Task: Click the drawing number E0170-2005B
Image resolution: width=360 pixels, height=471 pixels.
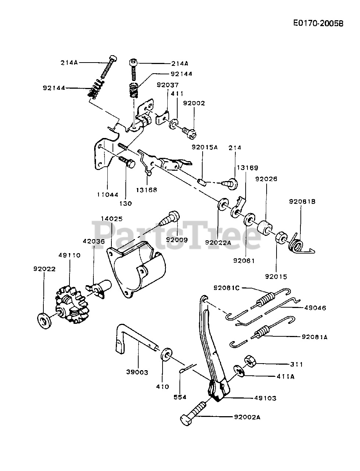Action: pos(318,23)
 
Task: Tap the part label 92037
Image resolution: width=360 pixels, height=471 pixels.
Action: pos(168,85)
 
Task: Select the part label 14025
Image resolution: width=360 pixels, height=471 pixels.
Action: pos(112,219)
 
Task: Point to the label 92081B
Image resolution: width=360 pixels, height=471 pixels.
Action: pos(302,202)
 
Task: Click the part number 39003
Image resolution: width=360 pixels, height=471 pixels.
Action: pos(137,372)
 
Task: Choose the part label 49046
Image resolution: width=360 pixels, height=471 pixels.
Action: pos(315,308)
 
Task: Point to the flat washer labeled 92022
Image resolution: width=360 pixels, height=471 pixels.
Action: pos(44,321)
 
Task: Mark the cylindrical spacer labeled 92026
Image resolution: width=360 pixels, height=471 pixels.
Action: pos(265,228)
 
